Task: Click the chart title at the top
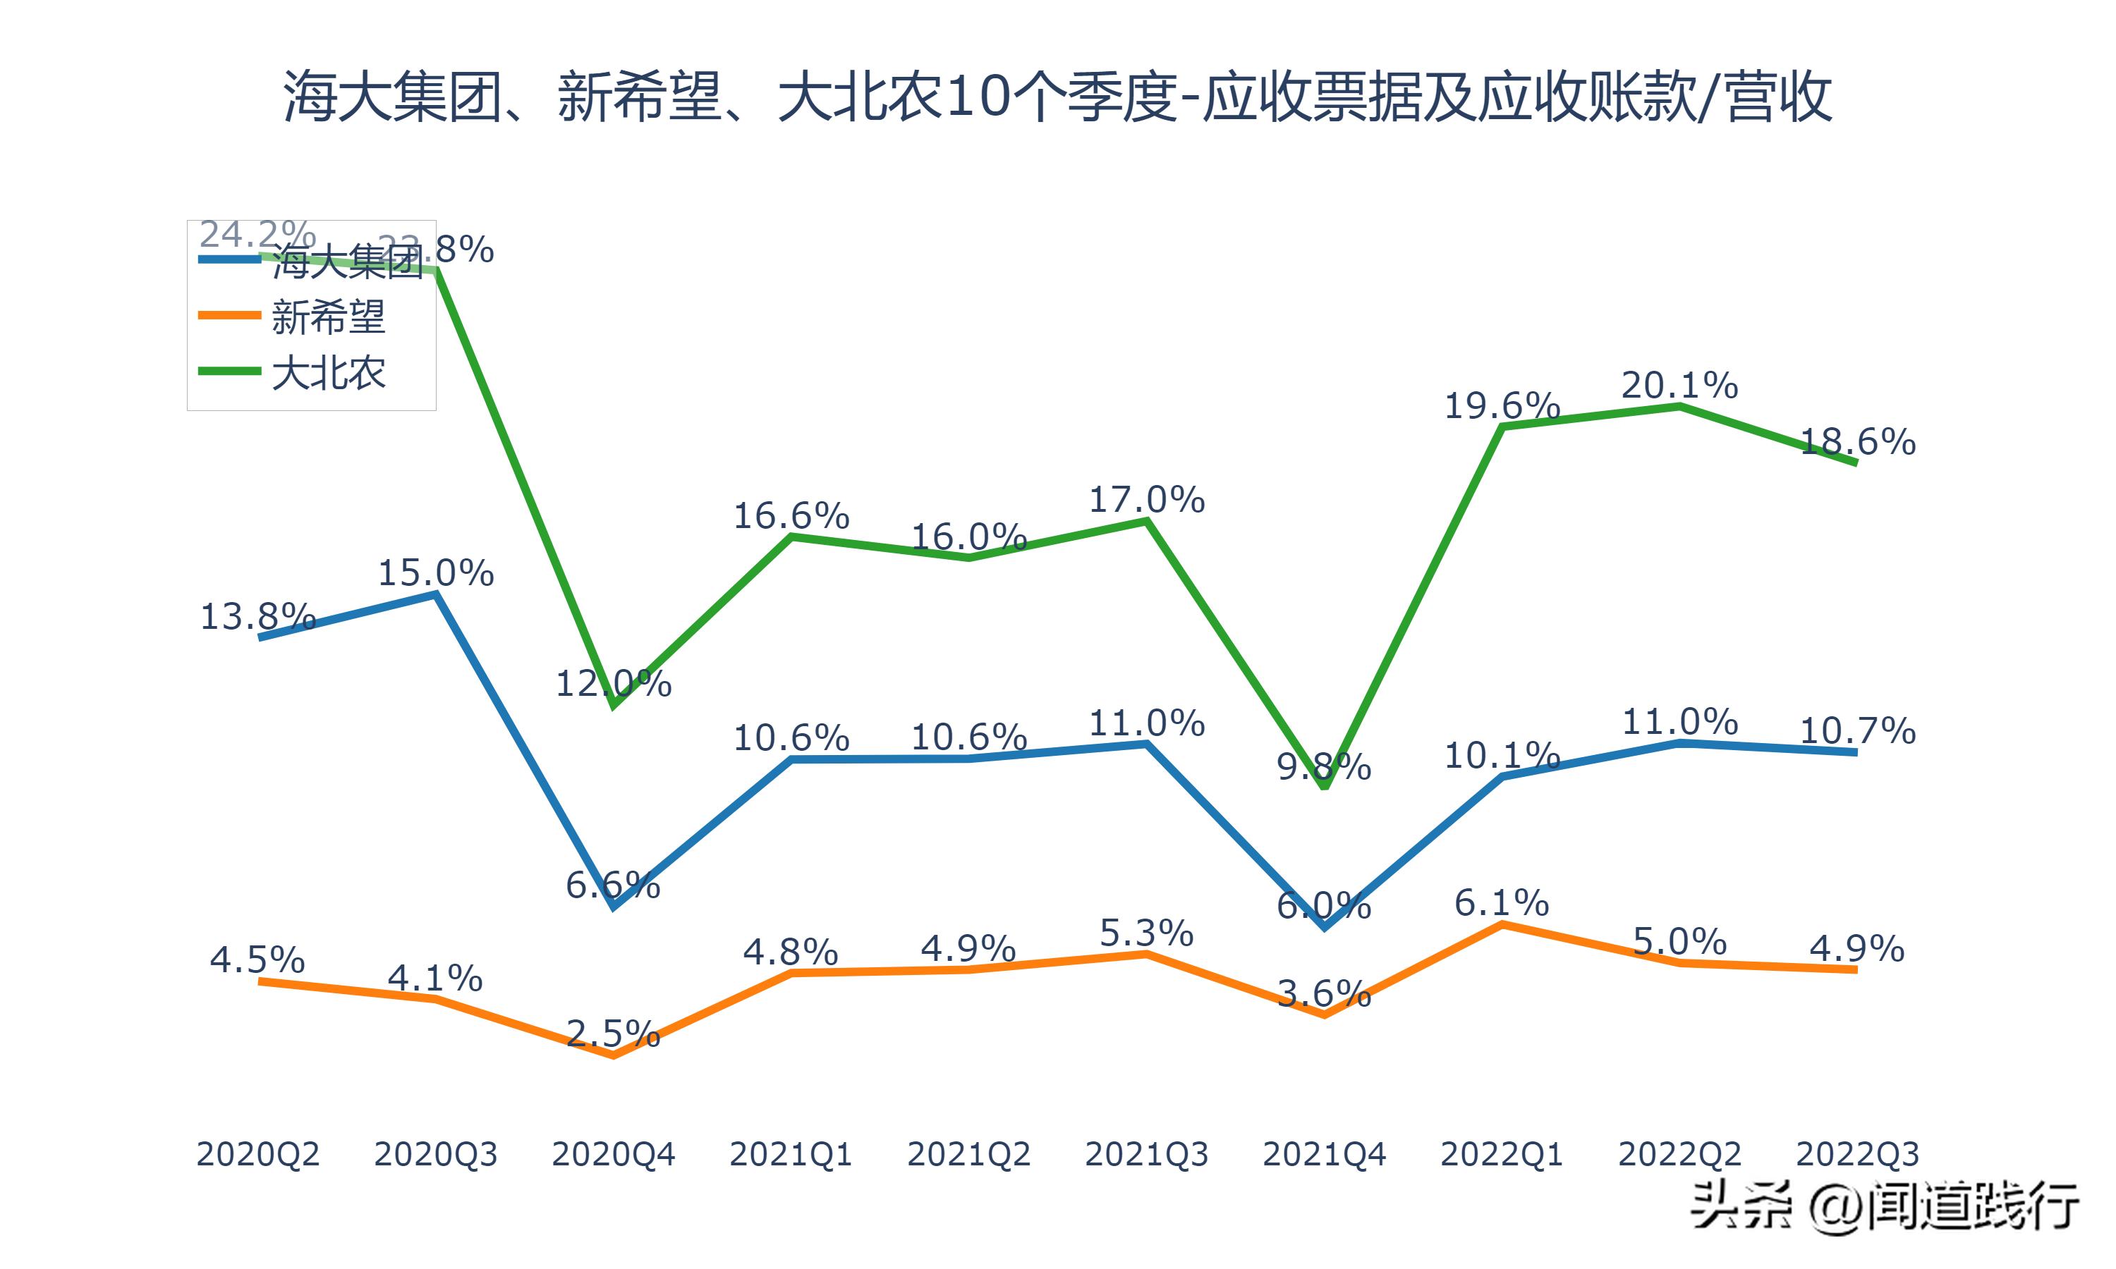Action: pyautogui.click(x=1057, y=97)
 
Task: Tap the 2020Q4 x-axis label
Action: pyautogui.click(x=613, y=1154)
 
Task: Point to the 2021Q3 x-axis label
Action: pyautogui.click(x=1146, y=1154)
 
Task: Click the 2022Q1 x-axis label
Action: pyautogui.click(x=1502, y=1154)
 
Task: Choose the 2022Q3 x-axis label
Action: pyautogui.click(x=1857, y=1154)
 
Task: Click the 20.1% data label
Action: pyautogui.click(x=1680, y=386)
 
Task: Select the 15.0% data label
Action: pyautogui.click(x=435, y=573)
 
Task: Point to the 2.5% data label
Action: pyautogui.click(x=613, y=1035)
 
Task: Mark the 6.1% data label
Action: pyautogui.click(x=1502, y=903)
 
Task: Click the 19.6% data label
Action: pyautogui.click(x=1502, y=405)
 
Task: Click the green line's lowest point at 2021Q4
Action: pyautogui.click(x=1324, y=785)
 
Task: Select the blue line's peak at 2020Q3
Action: pyautogui.click(x=436, y=594)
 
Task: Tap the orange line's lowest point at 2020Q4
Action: pyautogui.click(x=613, y=1056)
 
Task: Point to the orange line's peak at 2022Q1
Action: pyautogui.click(x=1502, y=924)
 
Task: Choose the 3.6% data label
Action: pyautogui.click(x=1324, y=993)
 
